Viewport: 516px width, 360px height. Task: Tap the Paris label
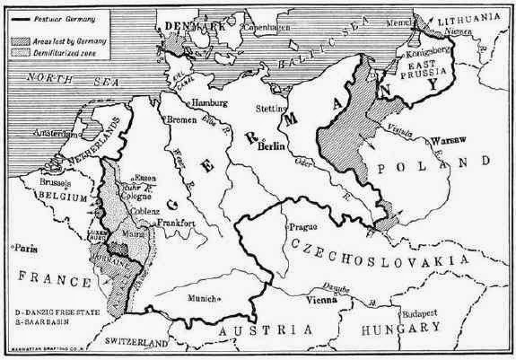pos(24,244)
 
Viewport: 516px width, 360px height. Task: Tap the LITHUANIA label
pos(468,16)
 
